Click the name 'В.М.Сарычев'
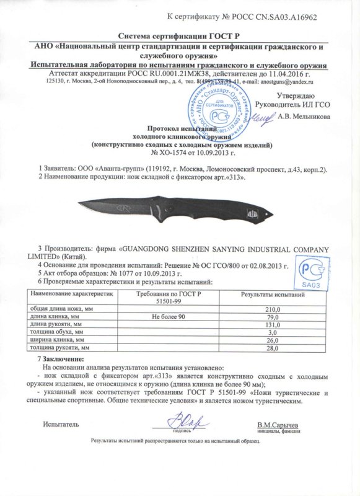(276, 425)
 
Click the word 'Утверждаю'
(296, 95)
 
